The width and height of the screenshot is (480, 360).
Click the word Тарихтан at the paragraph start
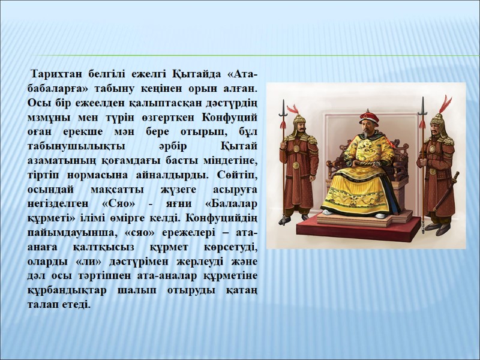coord(56,74)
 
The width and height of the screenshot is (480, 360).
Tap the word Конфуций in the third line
coord(231,116)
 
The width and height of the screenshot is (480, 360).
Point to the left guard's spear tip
coord(282,107)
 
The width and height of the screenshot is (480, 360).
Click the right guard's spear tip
coord(422,106)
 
